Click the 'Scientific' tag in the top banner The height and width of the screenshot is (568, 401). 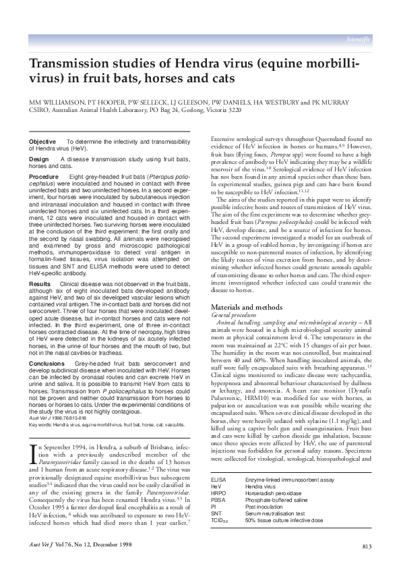[358, 39]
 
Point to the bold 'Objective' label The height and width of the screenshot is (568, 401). [42, 141]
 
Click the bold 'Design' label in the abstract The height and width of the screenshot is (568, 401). [39, 159]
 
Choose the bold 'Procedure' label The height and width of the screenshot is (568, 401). [44, 176]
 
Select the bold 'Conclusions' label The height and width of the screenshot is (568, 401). [47, 363]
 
